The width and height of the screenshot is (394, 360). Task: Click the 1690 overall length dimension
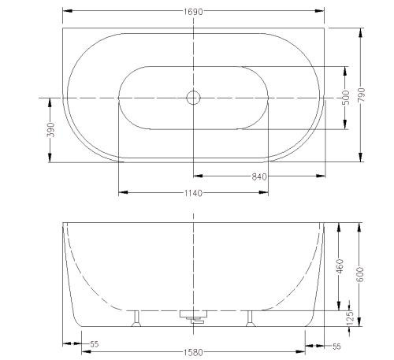click(x=193, y=12)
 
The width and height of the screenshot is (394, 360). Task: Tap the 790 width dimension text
click(x=362, y=95)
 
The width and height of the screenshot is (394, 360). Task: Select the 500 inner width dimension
click(x=346, y=98)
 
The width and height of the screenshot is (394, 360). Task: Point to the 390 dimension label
click(x=52, y=130)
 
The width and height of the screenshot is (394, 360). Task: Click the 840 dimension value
click(x=259, y=177)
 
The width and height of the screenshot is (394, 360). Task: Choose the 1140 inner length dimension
click(x=193, y=194)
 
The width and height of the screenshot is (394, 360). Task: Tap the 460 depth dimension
click(x=340, y=266)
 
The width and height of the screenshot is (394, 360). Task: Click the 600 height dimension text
click(x=360, y=274)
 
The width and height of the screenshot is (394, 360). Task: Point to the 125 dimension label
click(x=350, y=318)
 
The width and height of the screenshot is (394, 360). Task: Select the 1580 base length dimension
click(x=193, y=352)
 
